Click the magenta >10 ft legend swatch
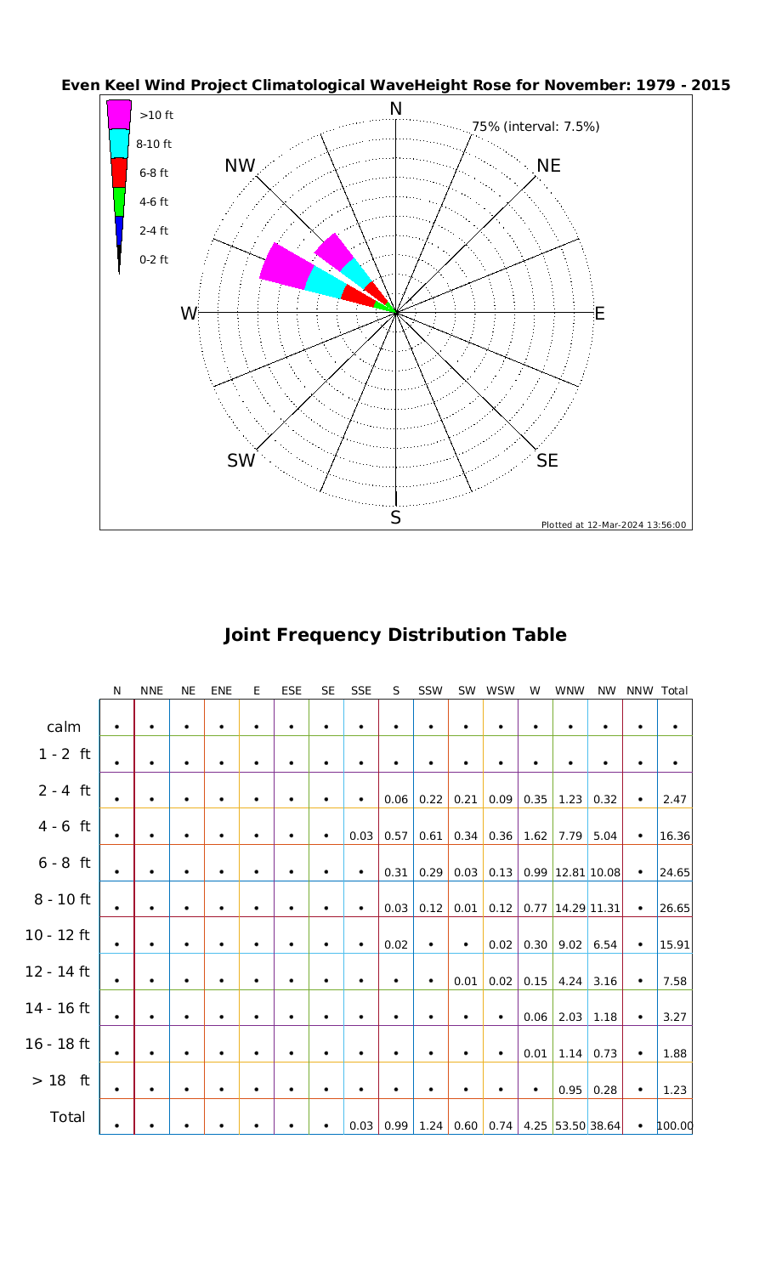coord(119,114)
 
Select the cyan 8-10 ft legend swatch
coord(119,143)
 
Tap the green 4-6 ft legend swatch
coord(119,201)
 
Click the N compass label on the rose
coord(395,109)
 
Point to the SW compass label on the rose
coord(241,461)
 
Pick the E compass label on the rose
coord(599,314)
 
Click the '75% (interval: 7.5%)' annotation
coord(535,127)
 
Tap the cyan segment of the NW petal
coord(356,273)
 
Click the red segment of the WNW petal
coord(358,295)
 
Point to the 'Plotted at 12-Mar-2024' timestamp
coord(614,524)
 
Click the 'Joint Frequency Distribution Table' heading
coord(394,635)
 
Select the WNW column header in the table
coord(569,691)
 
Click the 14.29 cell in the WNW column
coord(569,909)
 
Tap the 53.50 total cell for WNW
coord(569,1126)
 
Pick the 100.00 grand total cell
coord(675,1126)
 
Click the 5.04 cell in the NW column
coord(604,836)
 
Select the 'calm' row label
coord(64,727)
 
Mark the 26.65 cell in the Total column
coord(675,909)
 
